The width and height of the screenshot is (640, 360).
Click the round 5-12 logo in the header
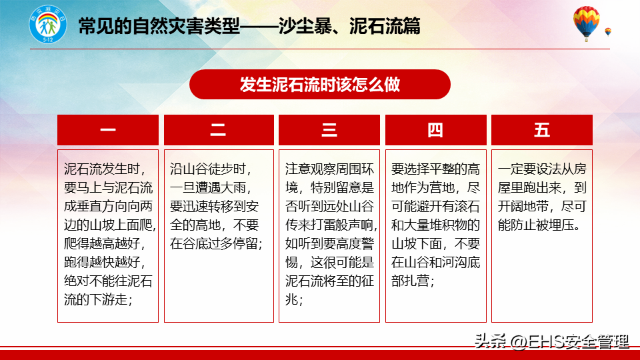(x=48, y=25)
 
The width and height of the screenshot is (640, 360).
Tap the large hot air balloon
(x=586, y=23)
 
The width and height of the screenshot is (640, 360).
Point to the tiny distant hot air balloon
(x=608, y=32)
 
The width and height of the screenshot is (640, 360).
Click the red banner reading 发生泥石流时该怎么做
(x=319, y=85)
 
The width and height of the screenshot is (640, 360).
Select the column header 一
(x=108, y=130)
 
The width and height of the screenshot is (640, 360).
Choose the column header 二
(x=219, y=130)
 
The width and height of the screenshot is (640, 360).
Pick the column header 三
(x=329, y=130)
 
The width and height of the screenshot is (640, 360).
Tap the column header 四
(x=436, y=130)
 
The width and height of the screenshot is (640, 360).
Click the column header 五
(x=541, y=130)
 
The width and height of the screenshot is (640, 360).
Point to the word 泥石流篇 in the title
(x=385, y=27)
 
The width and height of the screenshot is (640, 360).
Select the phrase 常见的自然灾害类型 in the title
(x=159, y=27)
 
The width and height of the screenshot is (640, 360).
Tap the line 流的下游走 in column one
(x=98, y=299)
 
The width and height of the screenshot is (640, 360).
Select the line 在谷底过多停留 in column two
(x=216, y=244)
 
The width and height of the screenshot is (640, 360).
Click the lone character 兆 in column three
(x=291, y=299)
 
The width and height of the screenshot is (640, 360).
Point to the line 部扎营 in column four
(x=412, y=281)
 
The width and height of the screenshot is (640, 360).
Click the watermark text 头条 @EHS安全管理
(x=551, y=341)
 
